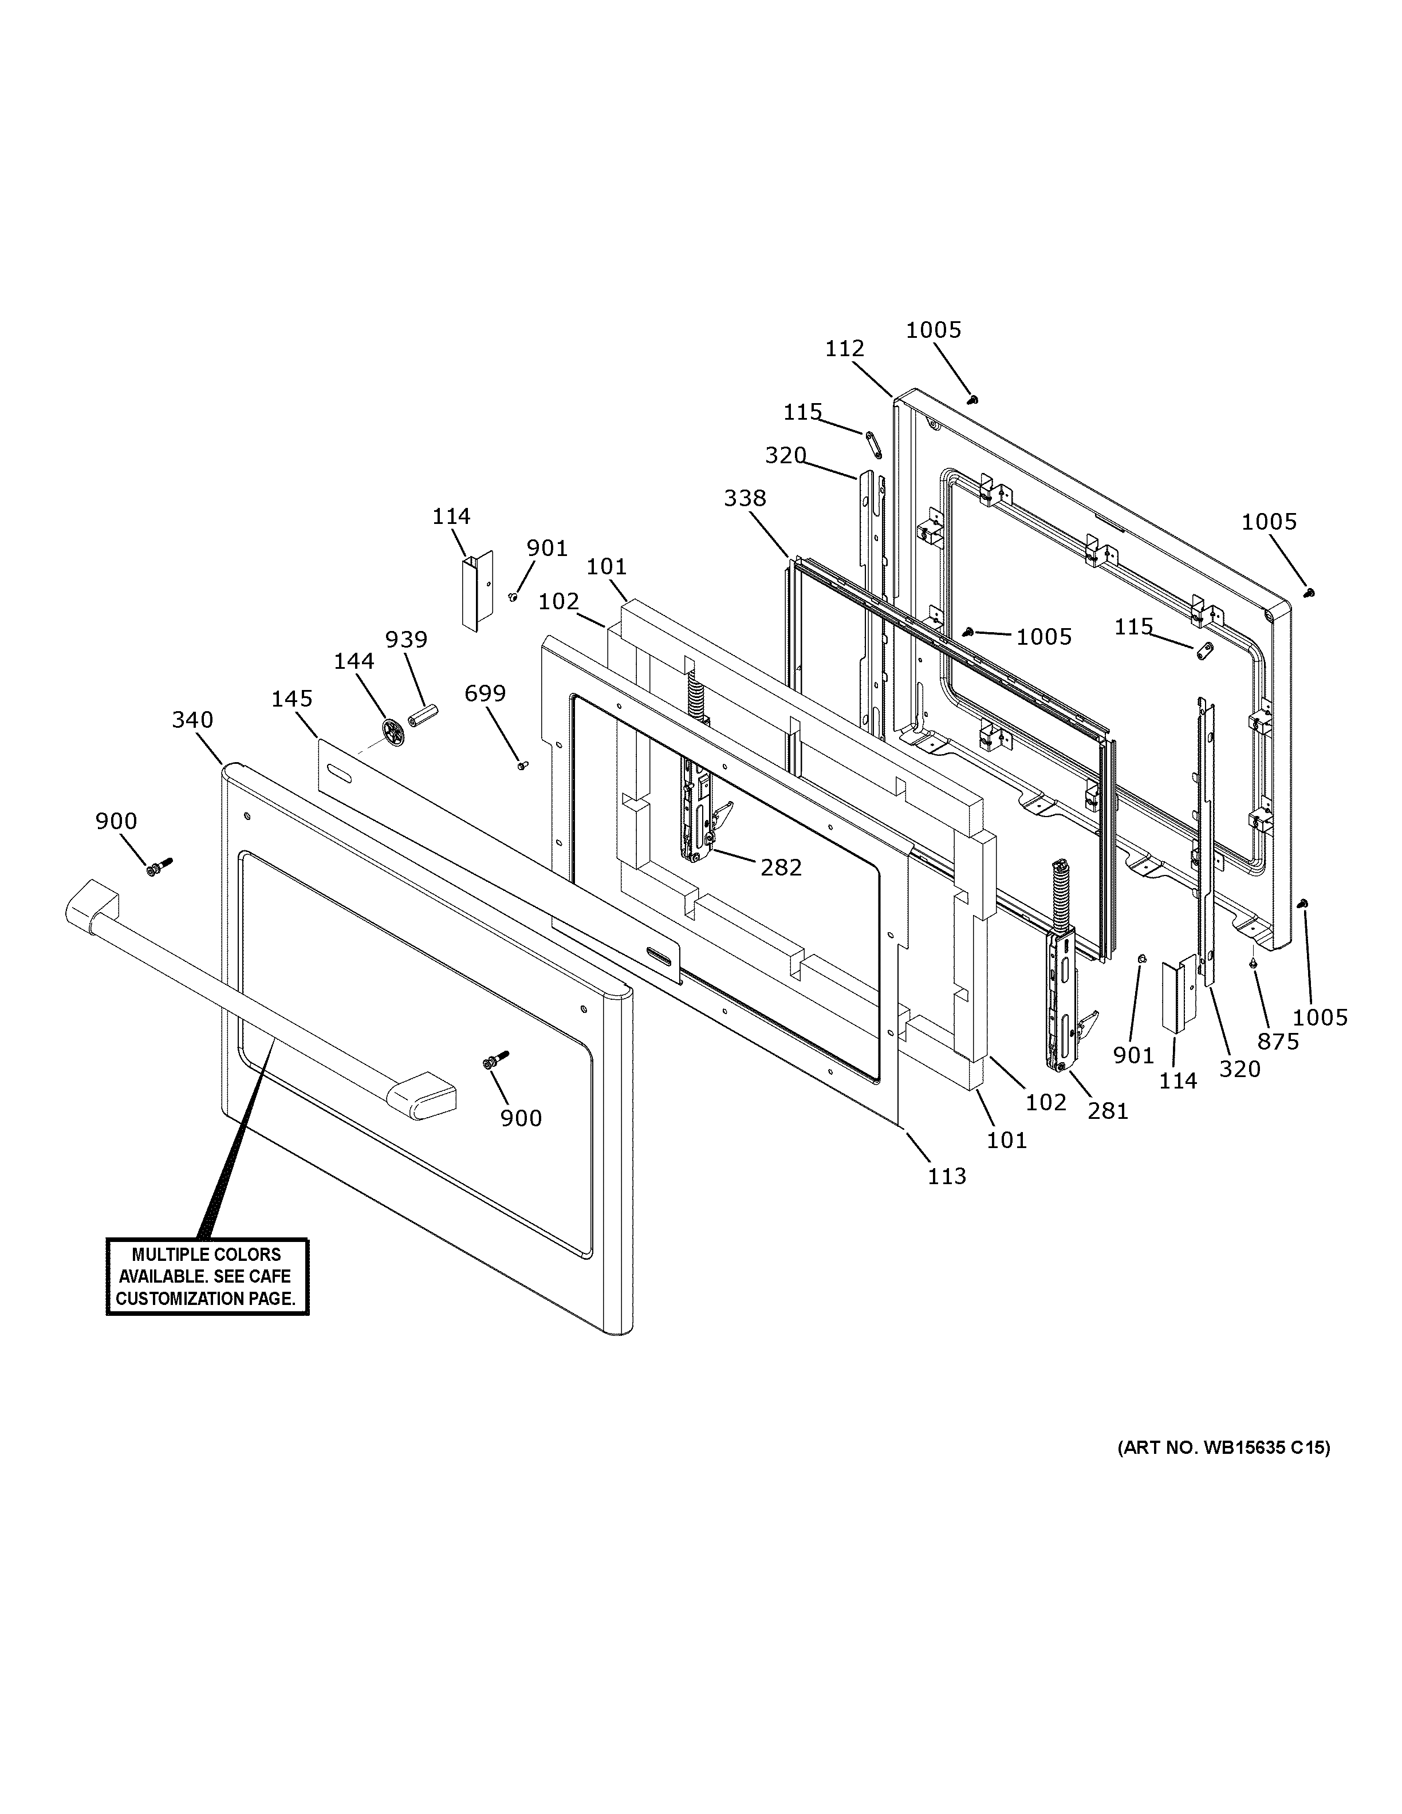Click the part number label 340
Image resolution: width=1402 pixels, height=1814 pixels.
coord(192,719)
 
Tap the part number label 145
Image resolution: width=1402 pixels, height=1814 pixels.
coord(292,699)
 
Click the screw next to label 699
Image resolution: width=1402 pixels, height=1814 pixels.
coord(522,765)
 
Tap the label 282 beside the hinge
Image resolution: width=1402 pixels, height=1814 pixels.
coord(781,867)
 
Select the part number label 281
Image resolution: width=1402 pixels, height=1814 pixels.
coord(1108,1110)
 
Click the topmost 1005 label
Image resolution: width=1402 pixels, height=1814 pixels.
coord(933,330)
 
